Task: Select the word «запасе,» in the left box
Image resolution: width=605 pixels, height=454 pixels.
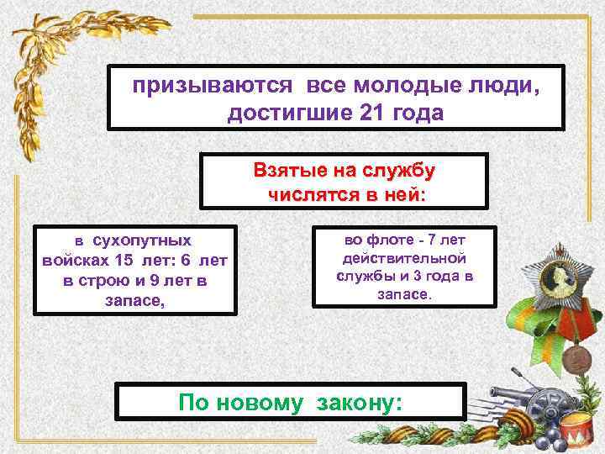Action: [135, 298]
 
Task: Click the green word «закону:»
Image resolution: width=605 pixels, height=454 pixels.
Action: [356, 403]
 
